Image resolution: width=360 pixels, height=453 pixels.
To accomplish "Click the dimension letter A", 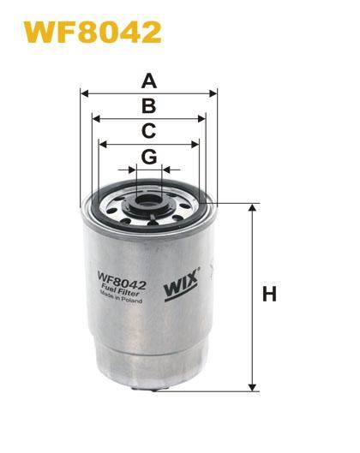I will (x=149, y=82).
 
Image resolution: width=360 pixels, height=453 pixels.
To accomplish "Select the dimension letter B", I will (x=148, y=107).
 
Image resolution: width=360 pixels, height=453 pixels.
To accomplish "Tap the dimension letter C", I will (x=148, y=131).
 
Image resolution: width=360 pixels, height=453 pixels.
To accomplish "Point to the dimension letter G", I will (x=148, y=157).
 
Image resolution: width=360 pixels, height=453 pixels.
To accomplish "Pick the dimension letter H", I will (x=269, y=295).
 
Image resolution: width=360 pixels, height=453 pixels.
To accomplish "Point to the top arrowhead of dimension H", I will (x=252, y=208).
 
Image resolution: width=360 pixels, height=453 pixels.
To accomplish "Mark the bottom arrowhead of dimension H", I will (x=252, y=386).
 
